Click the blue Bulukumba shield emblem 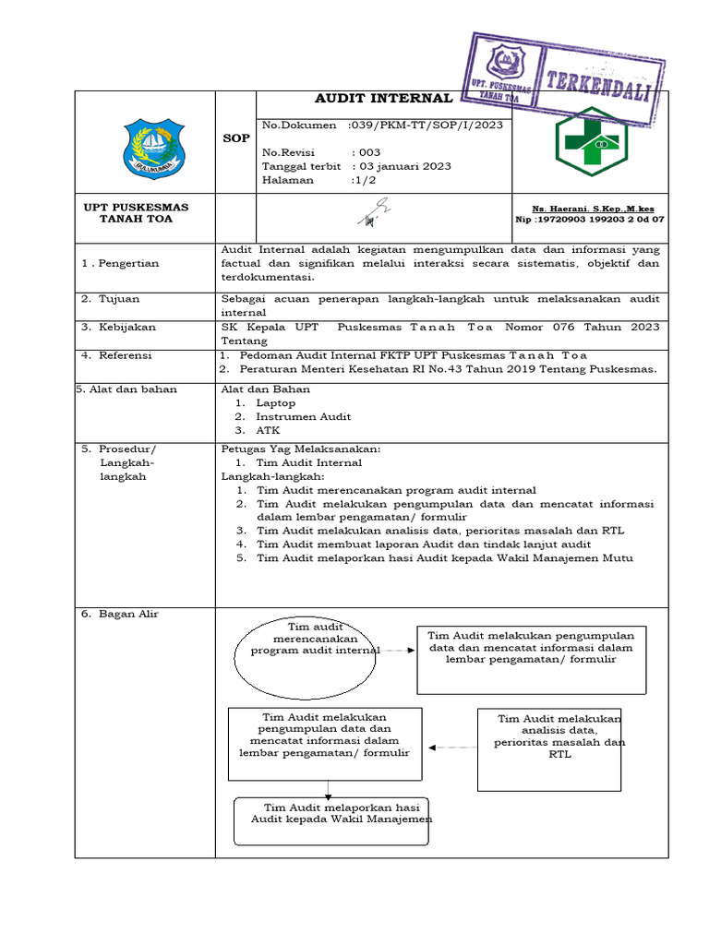pyautogui.click(x=154, y=148)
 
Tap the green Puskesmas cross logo pyautogui.click(x=590, y=141)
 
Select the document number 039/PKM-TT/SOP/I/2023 pyautogui.click(x=426, y=125)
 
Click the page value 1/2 pyautogui.click(x=361, y=180)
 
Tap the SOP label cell pyautogui.click(x=236, y=138)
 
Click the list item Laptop pyautogui.click(x=276, y=402)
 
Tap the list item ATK pyautogui.click(x=268, y=430)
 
